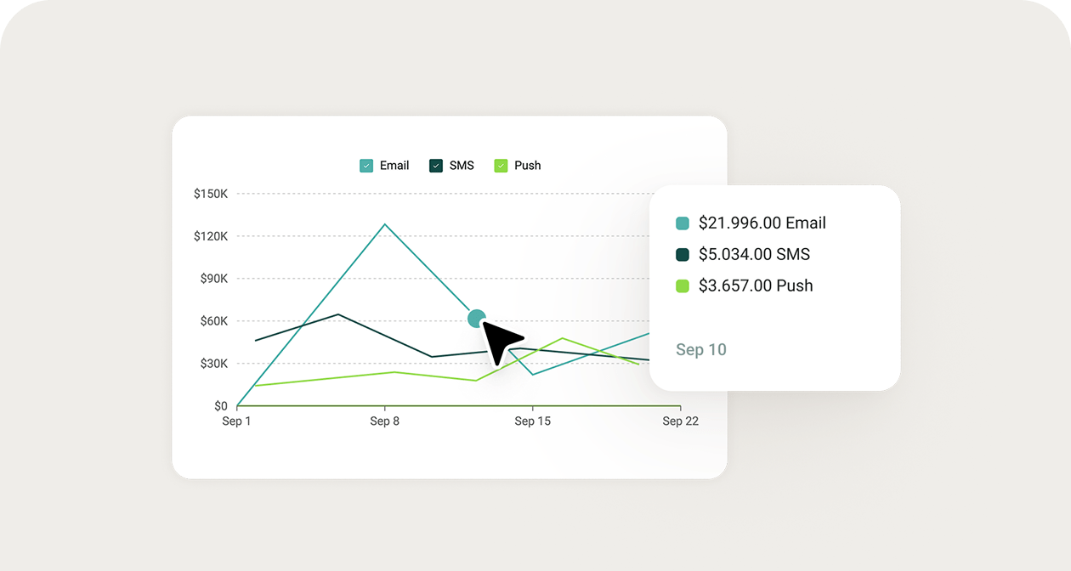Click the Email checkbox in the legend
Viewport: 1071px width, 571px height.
[366, 166]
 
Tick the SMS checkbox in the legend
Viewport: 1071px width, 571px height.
[436, 166]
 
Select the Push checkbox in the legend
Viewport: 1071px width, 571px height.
[501, 166]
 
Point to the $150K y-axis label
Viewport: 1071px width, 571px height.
[211, 194]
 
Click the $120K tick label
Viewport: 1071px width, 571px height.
[211, 236]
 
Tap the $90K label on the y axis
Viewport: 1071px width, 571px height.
[213, 279]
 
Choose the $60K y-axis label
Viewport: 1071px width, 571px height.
[213, 321]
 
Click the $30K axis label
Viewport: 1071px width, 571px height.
[213, 364]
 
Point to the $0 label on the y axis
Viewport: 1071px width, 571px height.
[220, 406]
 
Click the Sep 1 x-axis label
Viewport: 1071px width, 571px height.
[236, 421]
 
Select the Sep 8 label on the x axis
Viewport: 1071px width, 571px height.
[384, 421]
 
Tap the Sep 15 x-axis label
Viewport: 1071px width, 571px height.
[533, 421]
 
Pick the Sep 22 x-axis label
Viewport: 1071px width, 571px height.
[680, 421]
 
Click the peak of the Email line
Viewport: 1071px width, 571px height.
[385, 224]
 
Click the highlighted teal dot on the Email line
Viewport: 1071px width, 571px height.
[477, 319]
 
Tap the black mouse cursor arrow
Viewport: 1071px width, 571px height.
[501, 341]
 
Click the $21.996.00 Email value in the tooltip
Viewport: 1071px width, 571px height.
[762, 223]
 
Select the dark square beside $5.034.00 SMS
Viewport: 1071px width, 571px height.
[683, 255]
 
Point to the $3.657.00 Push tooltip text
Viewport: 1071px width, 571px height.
[756, 286]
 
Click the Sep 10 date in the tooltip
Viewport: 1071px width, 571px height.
[701, 350]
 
